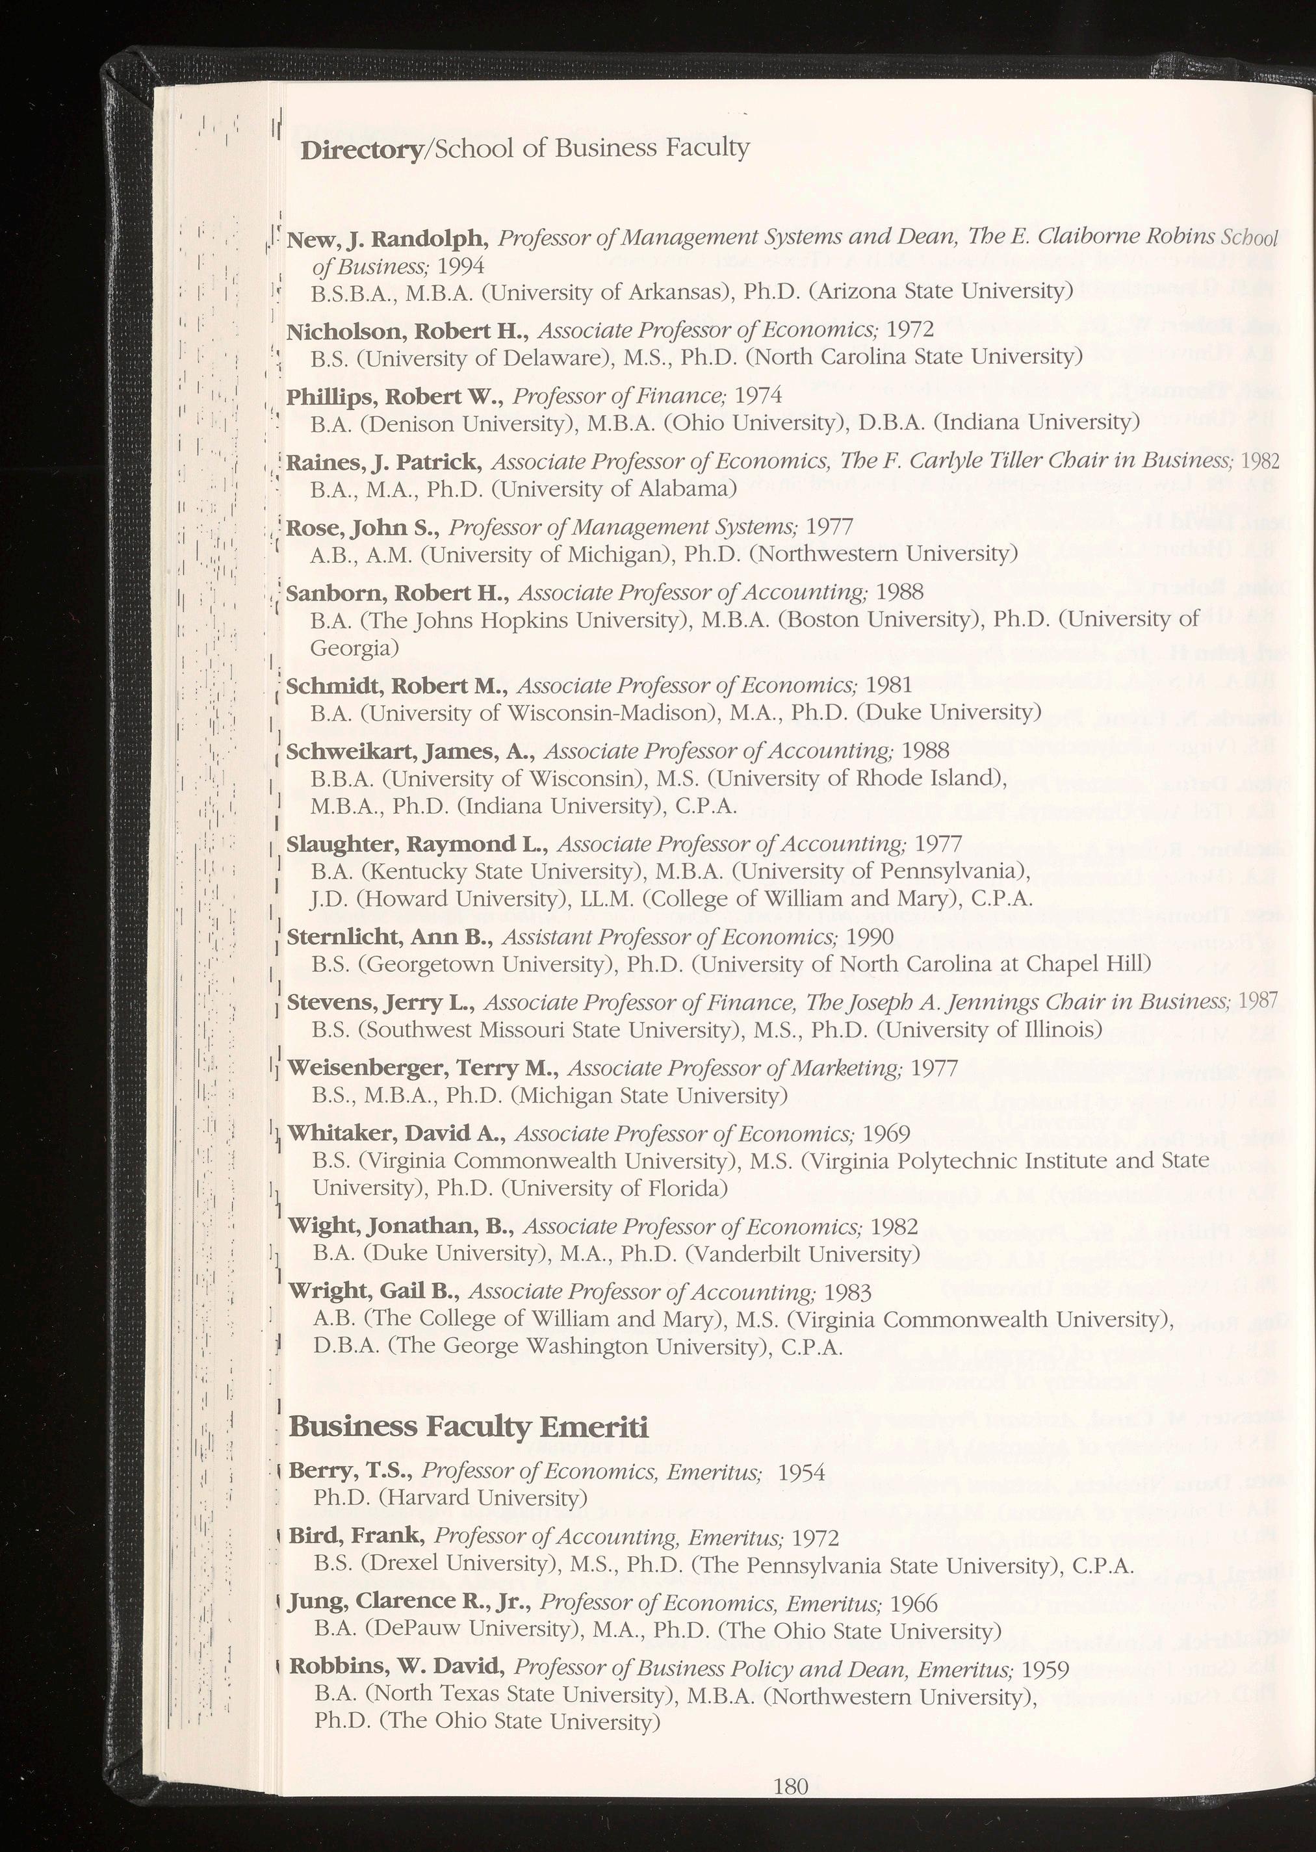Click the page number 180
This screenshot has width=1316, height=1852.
point(791,1786)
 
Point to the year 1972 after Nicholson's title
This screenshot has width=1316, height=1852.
point(910,329)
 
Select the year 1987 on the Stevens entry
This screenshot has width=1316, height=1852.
point(1258,1002)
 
